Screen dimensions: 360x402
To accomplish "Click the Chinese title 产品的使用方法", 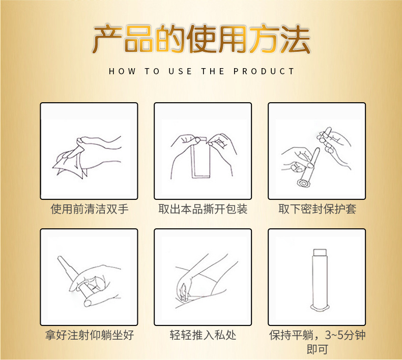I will point(201,39).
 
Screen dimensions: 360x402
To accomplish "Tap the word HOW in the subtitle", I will point(122,72).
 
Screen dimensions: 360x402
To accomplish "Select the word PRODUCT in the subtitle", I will point(264,72).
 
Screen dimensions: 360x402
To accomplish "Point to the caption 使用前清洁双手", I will point(89,209).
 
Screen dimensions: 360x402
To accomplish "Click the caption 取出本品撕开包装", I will point(203,209).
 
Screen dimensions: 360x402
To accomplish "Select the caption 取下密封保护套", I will point(317,209).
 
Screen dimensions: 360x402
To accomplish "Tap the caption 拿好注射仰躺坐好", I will point(89,336).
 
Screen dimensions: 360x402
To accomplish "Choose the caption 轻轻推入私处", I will point(203,336).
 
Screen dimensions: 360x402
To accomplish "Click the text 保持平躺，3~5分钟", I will point(317,336).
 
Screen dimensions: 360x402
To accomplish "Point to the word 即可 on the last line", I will point(317,350).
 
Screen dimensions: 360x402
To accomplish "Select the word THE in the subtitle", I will point(213,72).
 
